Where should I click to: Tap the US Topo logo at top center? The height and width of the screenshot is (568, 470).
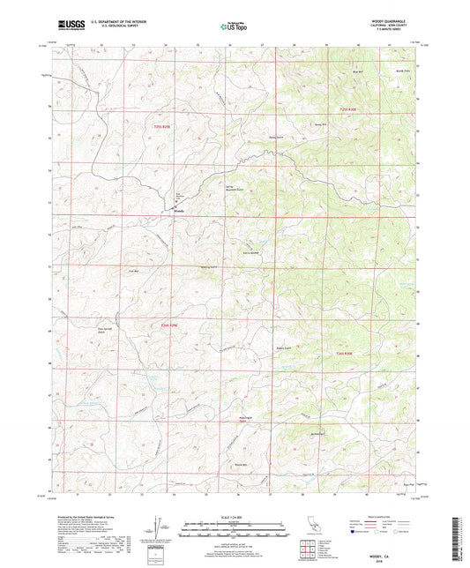tap(234, 26)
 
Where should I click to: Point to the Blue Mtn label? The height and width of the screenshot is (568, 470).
tap(356, 71)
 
